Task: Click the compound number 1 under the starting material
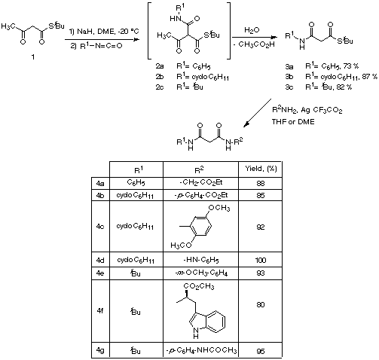tap(33, 57)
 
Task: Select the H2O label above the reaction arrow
tap(252, 30)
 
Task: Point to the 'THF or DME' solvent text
tap(293, 122)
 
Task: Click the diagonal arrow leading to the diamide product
tap(257, 113)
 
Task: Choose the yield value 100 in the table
tap(261, 260)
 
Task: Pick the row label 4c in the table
tap(100, 227)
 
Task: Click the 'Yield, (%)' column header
tap(261, 169)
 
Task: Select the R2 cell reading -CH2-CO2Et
tap(201, 182)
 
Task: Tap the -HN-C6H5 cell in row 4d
tap(201, 260)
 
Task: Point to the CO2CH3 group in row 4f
tap(199, 286)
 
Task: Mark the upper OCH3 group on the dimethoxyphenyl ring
tap(219, 208)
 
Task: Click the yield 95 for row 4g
tap(261, 351)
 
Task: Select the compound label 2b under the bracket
tap(160, 77)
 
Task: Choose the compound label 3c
tap(289, 87)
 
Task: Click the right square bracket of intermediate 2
tap(229, 31)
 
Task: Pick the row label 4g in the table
tap(100, 350)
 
